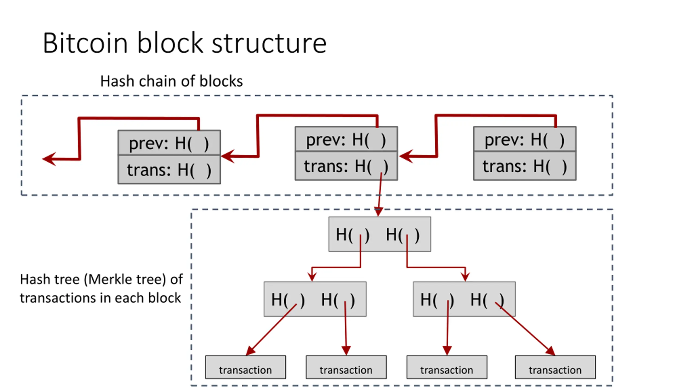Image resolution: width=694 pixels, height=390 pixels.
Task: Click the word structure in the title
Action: click(x=269, y=43)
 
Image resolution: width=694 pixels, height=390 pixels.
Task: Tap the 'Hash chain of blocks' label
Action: click(x=171, y=81)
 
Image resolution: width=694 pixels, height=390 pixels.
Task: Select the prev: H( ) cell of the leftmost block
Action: click(x=169, y=143)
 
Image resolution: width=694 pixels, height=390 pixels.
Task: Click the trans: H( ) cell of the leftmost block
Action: click(x=169, y=170)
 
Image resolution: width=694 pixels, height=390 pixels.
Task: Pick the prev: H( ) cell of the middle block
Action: click(x=346, y=139)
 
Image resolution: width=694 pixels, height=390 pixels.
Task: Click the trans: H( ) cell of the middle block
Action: click(x=346, y=166)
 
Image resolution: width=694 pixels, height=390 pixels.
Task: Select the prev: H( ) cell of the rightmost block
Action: click(x=525, y=139)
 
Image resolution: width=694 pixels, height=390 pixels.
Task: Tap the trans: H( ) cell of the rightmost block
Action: click(x=525, y=166)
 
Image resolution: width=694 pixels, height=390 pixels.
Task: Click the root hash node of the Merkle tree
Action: click(x=380, y=234)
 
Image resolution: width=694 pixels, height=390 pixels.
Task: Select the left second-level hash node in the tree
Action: click(x=315, y=299)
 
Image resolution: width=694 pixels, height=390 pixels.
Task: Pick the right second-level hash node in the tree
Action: click(x=464, y=299)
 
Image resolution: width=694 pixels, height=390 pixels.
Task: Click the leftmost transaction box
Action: click(x=246, y=367)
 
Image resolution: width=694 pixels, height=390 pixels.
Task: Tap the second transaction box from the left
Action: click(x=346, y=367)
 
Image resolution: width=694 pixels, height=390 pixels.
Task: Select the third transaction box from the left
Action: click(x=447, y=367)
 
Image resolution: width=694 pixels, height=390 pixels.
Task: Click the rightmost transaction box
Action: click(x=555, y=367)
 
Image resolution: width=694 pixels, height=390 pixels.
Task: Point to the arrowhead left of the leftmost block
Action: click(x=49, y=159)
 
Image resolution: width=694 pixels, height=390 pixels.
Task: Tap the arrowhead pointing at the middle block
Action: click(x=406, y=156)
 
